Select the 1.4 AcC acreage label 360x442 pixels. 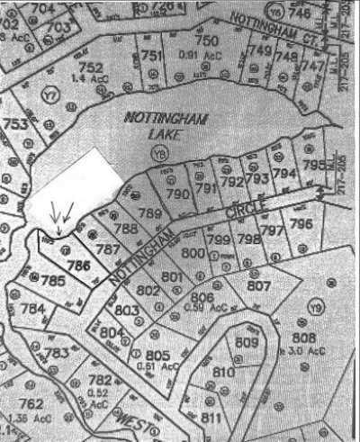(89, 78)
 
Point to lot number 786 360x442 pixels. (77, 266)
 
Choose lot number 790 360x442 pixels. (177, 194)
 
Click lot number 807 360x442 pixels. (258, 286)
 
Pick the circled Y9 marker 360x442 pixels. (315, 309)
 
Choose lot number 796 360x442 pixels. (301, 223)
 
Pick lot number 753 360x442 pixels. (14, 124)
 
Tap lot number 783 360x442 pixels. (56, 353)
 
